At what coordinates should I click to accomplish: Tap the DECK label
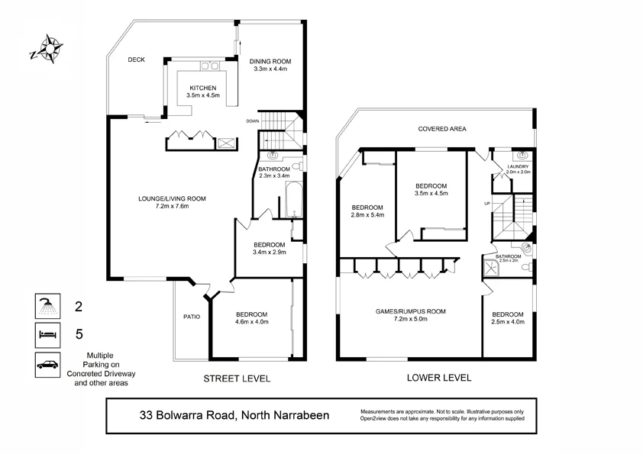click(137, 60)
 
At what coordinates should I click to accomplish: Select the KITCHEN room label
click(203, 88)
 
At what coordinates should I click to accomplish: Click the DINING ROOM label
click(271, 62)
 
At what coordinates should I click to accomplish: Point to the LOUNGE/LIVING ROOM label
click(172, 198)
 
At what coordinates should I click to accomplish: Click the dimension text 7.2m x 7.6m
click(172, 206)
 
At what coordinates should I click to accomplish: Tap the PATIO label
click(191, 317)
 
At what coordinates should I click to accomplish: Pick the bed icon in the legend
click(47, 335)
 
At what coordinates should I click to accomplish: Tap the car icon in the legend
click(47, 365)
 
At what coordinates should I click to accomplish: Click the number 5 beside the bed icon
click(77, 333)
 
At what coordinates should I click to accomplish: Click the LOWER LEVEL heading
click(440, 378)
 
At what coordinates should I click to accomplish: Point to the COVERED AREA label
click(441, 129)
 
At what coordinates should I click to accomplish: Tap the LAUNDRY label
click(517, 166)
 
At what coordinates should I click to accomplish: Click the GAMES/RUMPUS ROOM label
click(410, 311)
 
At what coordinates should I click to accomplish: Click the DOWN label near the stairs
click(253, 121)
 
